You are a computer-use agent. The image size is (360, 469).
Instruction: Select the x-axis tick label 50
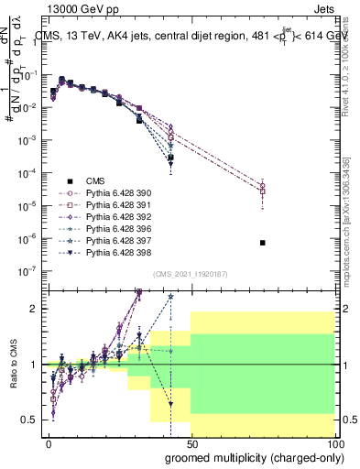(191, 442)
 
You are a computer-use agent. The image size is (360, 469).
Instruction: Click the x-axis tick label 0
(49, 442)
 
